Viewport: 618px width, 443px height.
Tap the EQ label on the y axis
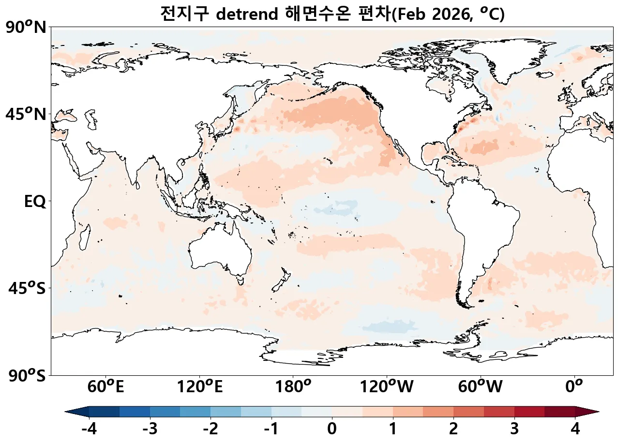35,202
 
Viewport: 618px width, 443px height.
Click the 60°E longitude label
106,387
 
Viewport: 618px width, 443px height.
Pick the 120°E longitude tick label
200,387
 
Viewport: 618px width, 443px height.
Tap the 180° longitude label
293,387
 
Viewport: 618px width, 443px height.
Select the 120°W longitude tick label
387,387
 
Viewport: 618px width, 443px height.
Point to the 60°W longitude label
481,387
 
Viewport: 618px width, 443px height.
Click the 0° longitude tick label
574,387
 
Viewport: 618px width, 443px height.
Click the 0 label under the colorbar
332,428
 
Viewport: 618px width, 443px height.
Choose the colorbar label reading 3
514,428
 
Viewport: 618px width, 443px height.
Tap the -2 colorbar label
210,428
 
